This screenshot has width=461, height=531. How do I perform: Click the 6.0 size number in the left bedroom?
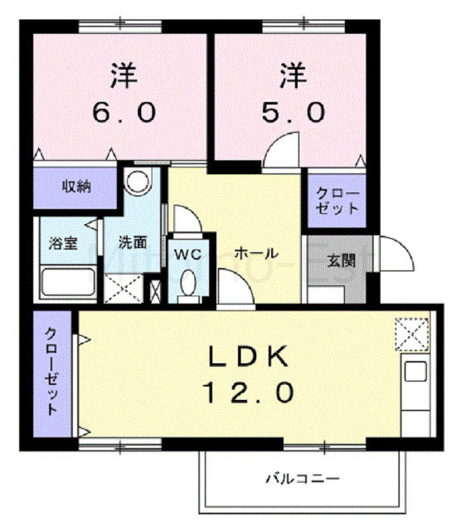pos(124,113)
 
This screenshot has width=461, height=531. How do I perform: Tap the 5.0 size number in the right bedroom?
pos(294,113)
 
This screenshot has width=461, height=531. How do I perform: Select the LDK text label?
pos(248,356)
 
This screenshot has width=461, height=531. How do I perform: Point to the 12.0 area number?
pos(248,392)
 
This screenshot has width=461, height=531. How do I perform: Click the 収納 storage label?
pos(76,186)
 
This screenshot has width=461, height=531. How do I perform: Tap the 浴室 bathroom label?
pos(63,243)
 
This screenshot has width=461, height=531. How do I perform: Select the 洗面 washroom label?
pos(133,242)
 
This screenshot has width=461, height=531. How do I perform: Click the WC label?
pos(188,254)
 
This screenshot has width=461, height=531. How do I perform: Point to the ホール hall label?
pos(256,253)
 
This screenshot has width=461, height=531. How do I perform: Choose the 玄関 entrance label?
pos(341,261)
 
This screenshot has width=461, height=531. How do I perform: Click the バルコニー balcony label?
pos(302,479)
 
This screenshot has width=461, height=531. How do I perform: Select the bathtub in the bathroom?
pos(68,282)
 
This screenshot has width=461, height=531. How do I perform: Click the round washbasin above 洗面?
pos(138,180)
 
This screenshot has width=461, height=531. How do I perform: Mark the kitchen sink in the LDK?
pos(415,371)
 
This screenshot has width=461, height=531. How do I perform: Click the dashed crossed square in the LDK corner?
pos(412,334)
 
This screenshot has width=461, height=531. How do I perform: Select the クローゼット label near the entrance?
pos(337,201)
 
